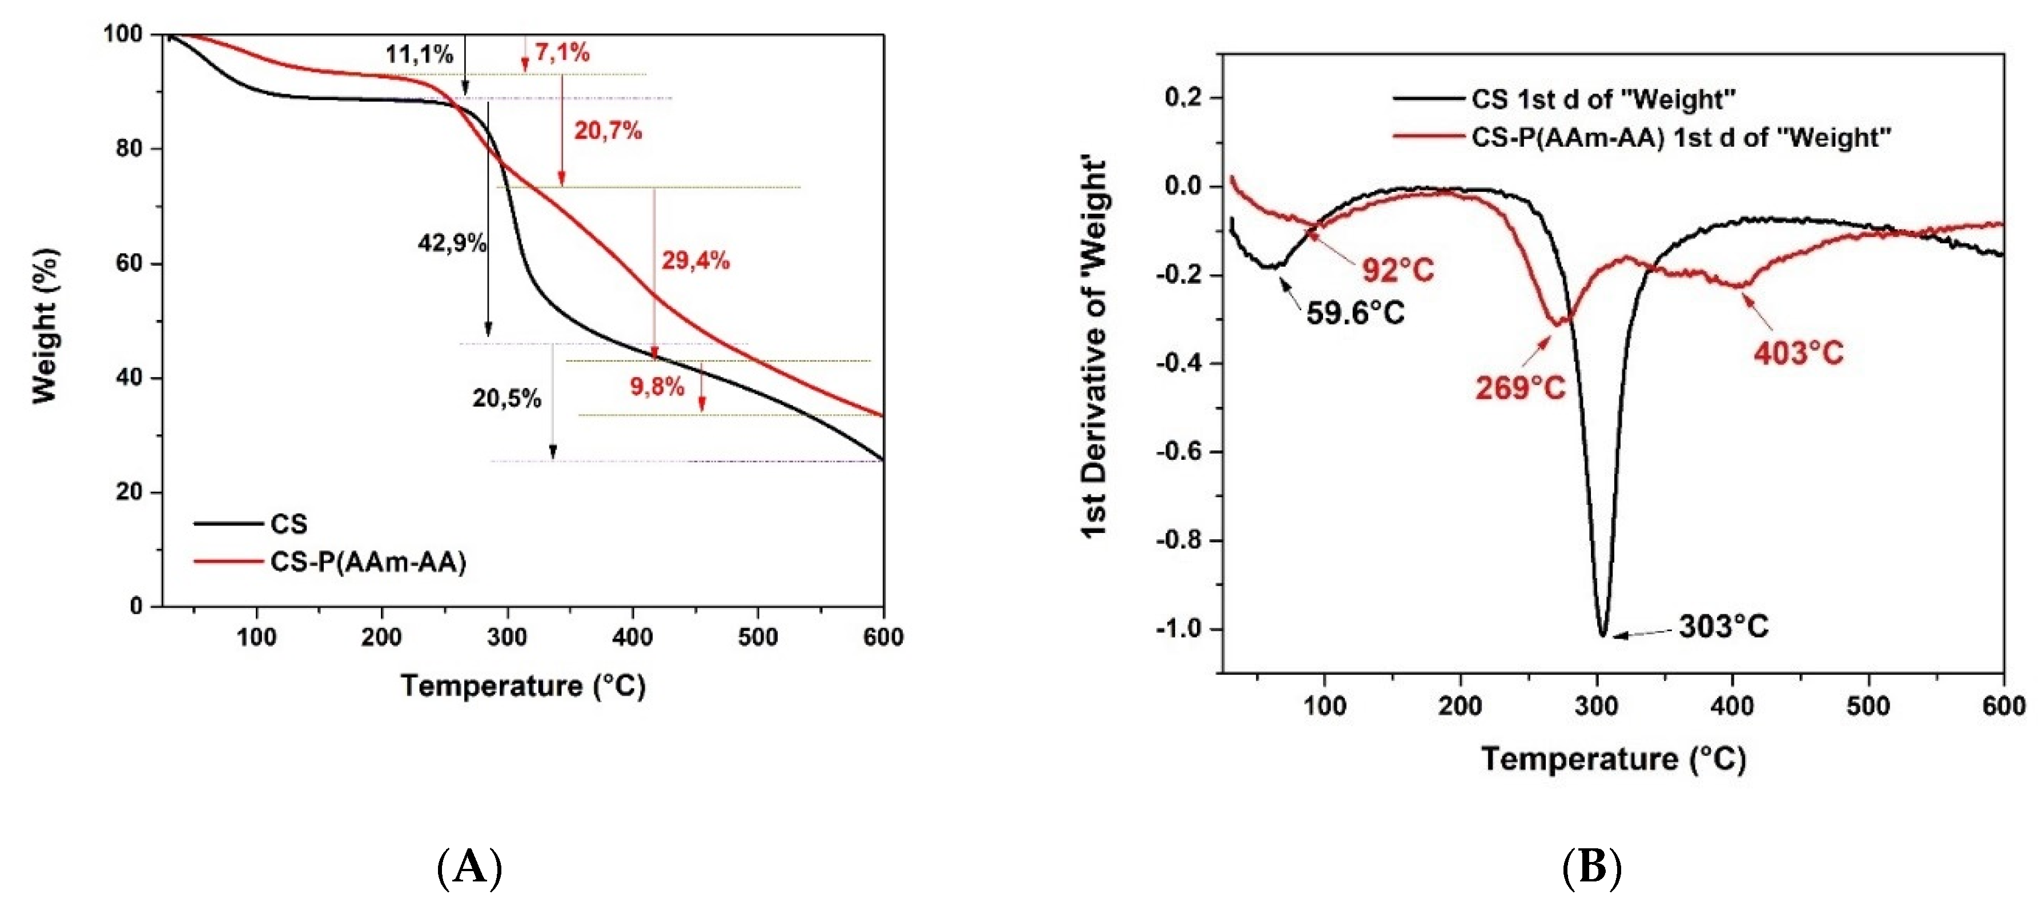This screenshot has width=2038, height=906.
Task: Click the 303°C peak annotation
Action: point(1723,627)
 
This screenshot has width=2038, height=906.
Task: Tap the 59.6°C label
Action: point(1354,314)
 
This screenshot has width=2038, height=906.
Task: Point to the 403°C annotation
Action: point(1798,353)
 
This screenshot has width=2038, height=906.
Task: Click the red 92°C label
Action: point(1397,271)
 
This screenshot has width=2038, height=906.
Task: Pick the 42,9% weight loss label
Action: point(451,243)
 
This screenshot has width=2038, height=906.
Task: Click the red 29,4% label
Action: point(694,260)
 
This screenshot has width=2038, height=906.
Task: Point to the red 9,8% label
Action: point(657,387)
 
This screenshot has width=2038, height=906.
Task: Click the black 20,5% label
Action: point(507,398)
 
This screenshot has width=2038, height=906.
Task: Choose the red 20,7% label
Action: point(608,131)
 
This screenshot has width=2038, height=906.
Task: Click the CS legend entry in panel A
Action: point(288,524)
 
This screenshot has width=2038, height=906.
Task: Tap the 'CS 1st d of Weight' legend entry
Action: point(1602,99)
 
